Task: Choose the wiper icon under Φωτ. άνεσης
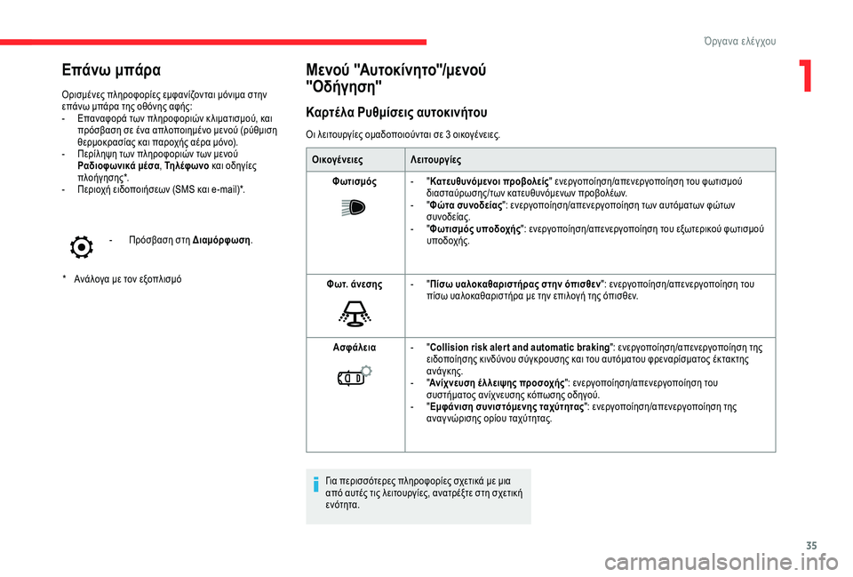(355, 314)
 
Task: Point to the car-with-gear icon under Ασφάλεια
(355, 377)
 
